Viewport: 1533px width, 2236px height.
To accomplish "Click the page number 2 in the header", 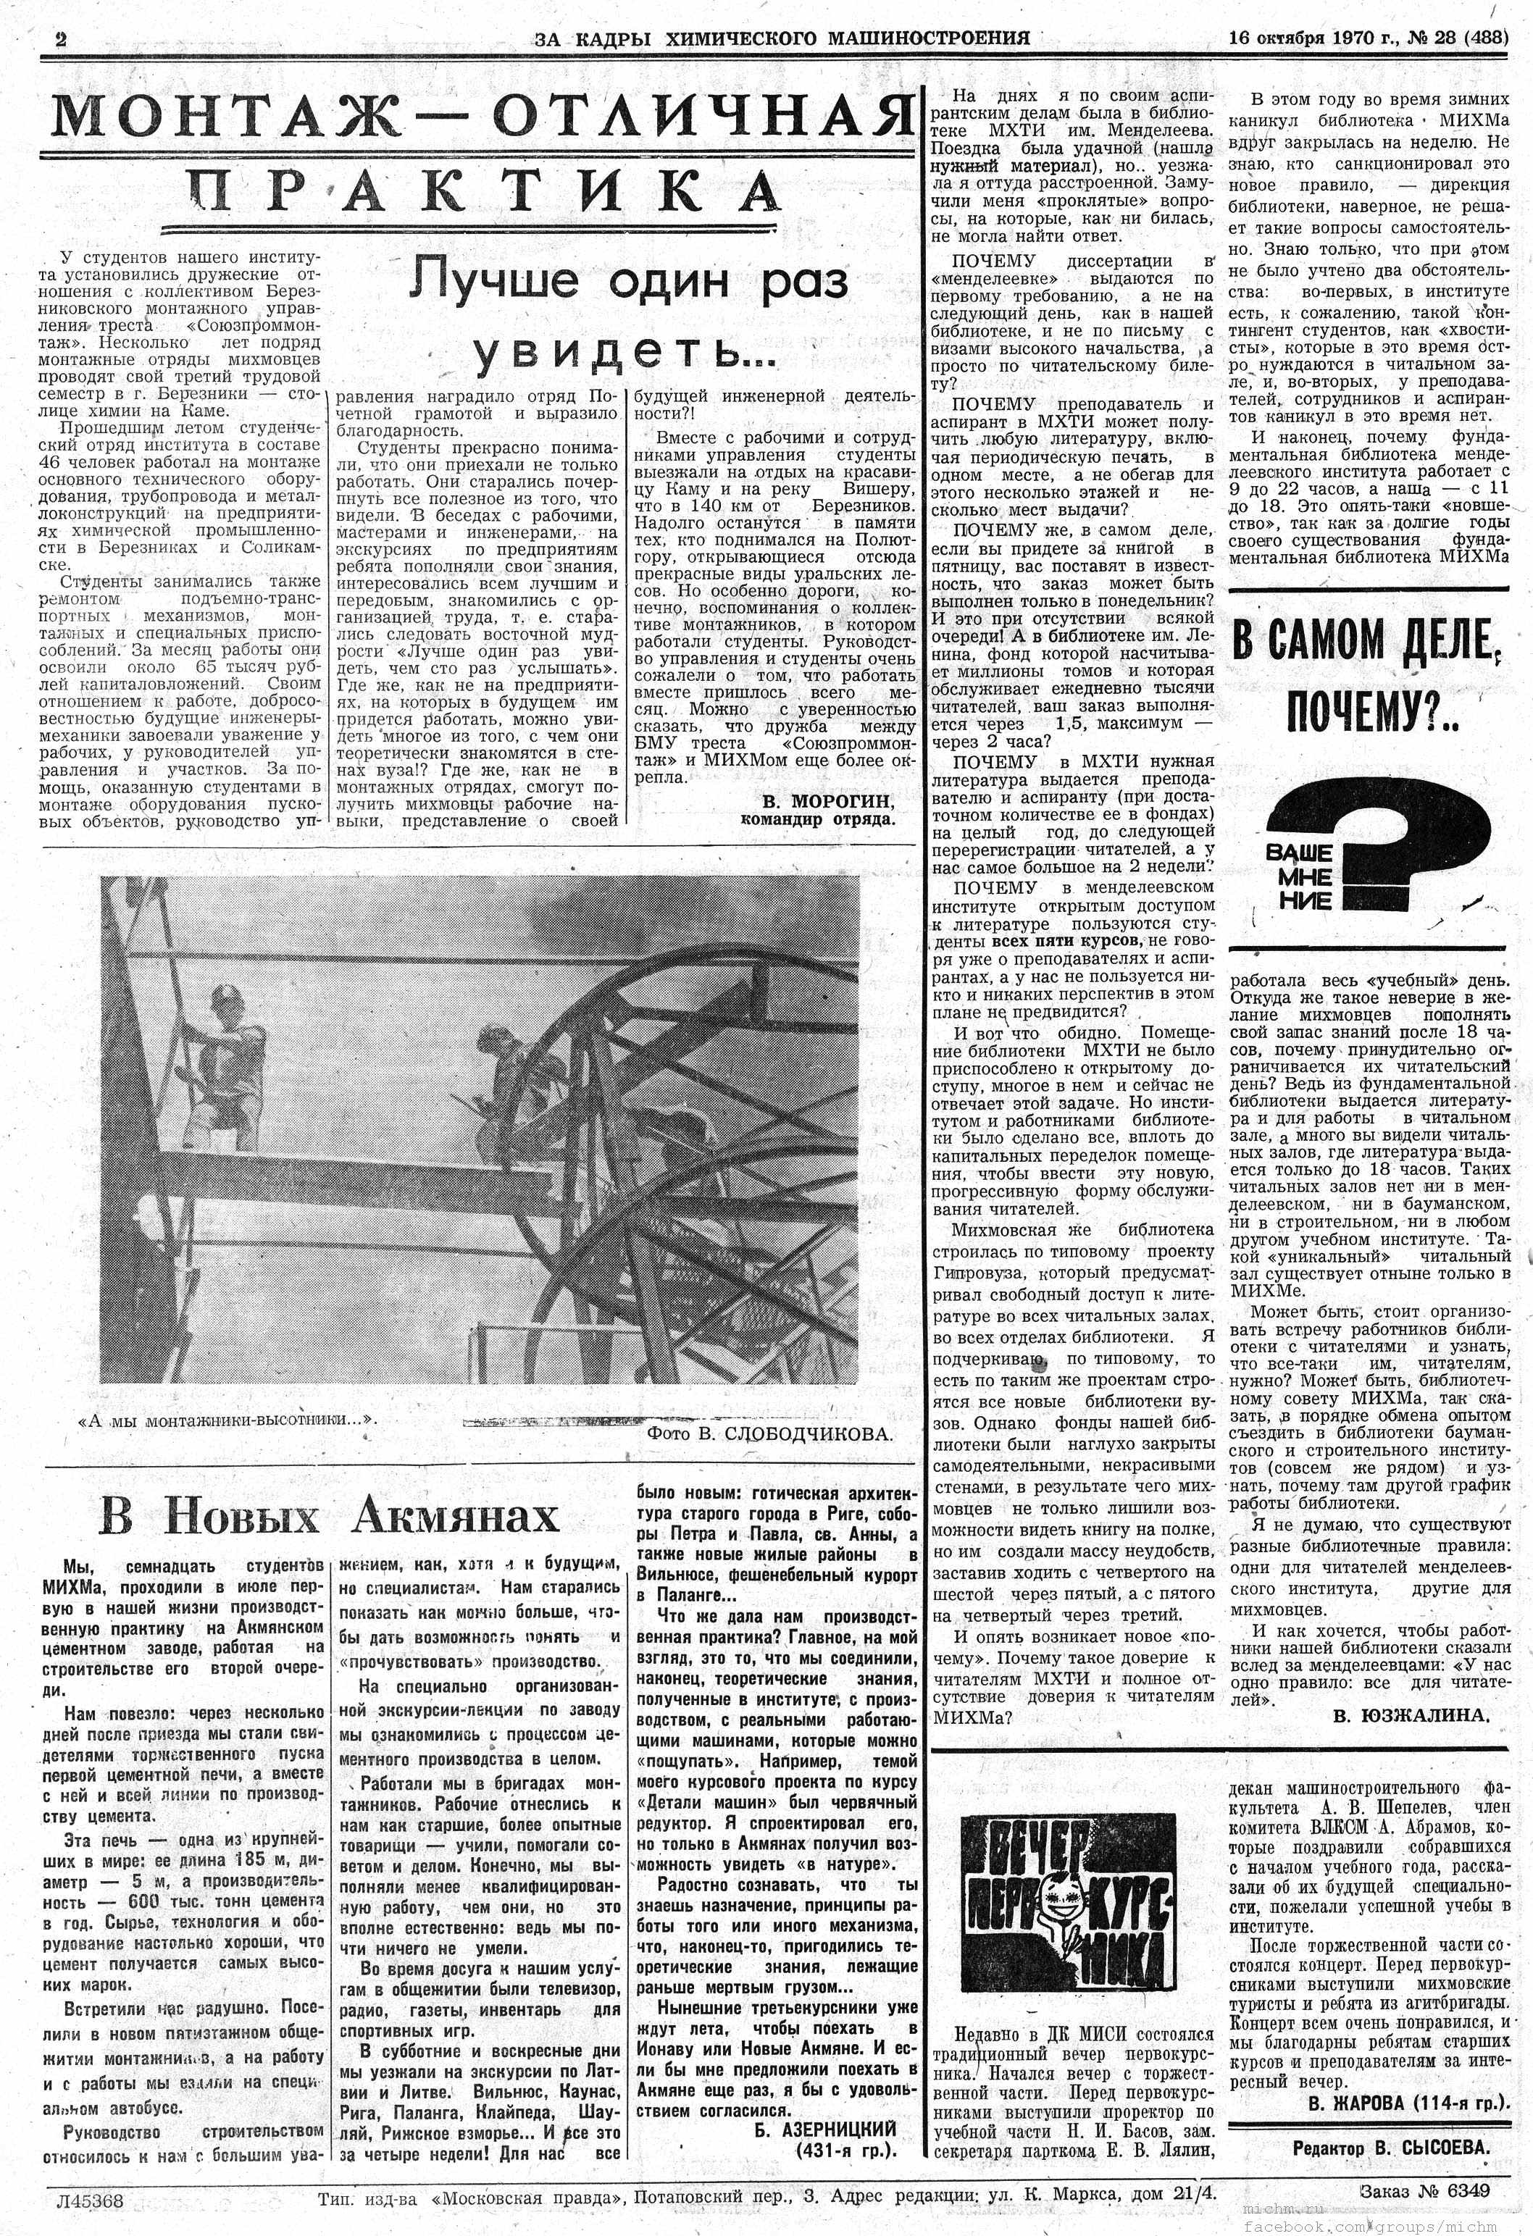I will click(x=62, y=39).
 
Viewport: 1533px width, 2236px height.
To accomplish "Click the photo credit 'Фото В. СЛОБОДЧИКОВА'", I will click(x=770, y=1433).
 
